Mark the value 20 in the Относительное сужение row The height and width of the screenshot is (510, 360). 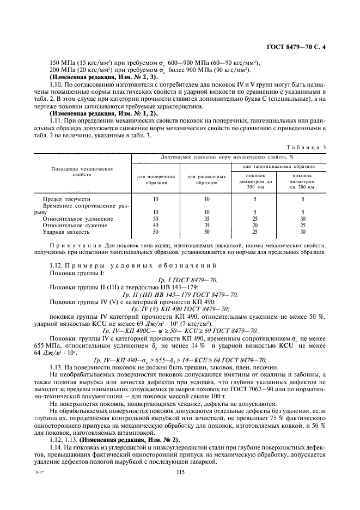click(255, 225)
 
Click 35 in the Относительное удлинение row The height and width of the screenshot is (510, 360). click(206, 218)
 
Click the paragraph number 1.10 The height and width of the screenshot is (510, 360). click(56, 84)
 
